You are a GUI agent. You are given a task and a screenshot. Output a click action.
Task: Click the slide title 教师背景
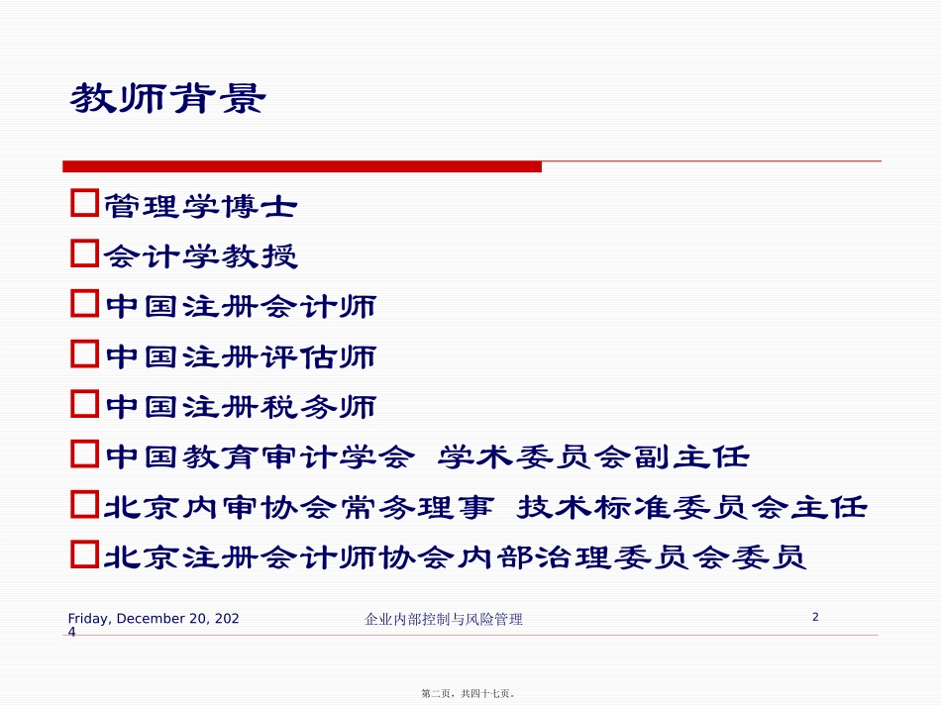167,98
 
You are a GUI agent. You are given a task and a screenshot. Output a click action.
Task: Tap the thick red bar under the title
302,166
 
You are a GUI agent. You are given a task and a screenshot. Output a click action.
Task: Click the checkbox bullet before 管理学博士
84,205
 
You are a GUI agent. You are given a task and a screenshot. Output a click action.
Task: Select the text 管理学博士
200,206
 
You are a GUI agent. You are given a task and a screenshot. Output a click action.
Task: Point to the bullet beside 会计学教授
84,255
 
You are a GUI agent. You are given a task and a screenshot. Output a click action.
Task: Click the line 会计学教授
200,256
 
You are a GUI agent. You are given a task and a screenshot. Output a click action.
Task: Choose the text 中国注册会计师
240,306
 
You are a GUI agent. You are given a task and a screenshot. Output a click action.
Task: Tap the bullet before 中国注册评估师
84,354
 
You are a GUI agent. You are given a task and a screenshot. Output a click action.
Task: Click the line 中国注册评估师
240,356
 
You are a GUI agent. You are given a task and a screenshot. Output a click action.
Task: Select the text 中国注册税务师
240,407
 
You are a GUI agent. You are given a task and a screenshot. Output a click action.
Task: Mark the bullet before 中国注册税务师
84,405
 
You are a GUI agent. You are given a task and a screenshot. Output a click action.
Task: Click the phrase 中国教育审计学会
259,457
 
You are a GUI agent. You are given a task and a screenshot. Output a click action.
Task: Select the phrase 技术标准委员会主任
692,508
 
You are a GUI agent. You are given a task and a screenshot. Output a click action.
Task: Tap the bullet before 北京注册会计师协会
84,555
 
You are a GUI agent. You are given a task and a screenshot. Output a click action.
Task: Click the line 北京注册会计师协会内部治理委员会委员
455,558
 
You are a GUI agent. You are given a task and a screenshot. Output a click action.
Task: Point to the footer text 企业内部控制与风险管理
444,620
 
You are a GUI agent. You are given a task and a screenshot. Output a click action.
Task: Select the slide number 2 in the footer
815,617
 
